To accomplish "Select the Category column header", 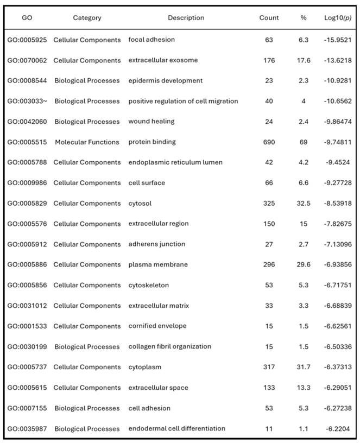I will [87, 18].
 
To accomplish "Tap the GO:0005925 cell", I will [27, 40].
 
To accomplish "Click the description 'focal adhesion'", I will [151, 40].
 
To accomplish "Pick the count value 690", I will [269, 142].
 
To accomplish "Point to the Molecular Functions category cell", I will [87, 142].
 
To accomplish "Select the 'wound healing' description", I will [151, 122].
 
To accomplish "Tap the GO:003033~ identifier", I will [27, 101].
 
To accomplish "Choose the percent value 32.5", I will [304, 204].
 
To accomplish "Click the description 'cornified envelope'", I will [157, 326].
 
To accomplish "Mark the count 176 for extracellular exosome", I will [269, 60].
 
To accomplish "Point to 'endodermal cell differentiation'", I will [177, 429].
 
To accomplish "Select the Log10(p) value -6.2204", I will [337, 429].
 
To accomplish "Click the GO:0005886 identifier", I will [27, 265].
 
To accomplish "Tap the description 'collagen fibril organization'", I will [170, 346].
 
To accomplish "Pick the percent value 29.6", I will [304, 265].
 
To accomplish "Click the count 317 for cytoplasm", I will [269, 367].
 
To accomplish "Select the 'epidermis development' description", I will [166, 81].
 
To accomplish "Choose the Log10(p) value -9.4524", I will [337, 162].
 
